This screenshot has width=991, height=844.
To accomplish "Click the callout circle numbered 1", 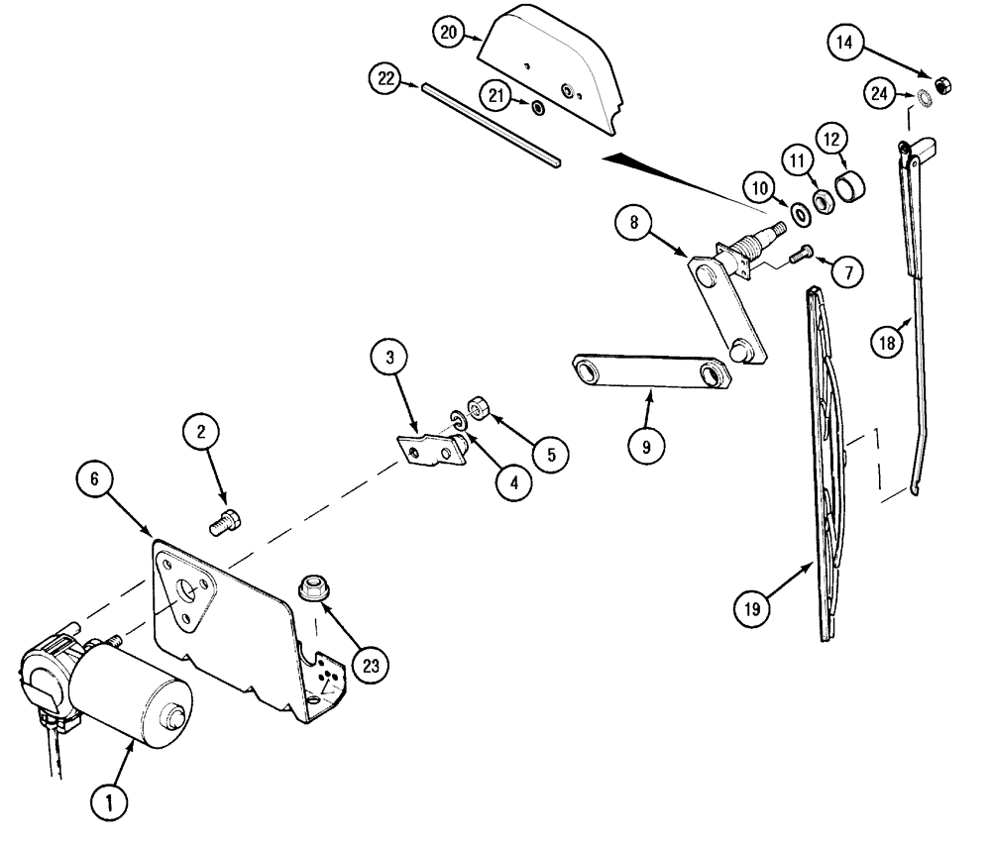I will coord(110,800).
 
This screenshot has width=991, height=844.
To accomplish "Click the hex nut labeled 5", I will coord(474,409).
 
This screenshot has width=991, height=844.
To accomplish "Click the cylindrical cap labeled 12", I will coord(852,184).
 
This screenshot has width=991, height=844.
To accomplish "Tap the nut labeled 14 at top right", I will coord(942,84).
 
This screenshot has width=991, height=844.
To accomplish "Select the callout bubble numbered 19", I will coord(754,607).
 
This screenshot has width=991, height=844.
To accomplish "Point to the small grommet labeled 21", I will coord(536,106).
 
